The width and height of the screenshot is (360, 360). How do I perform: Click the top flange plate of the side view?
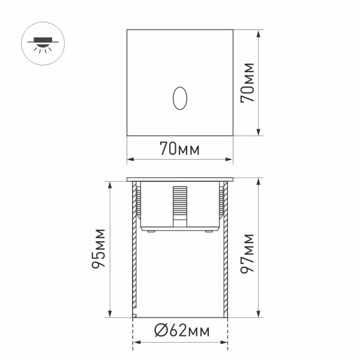coord(180,179)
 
